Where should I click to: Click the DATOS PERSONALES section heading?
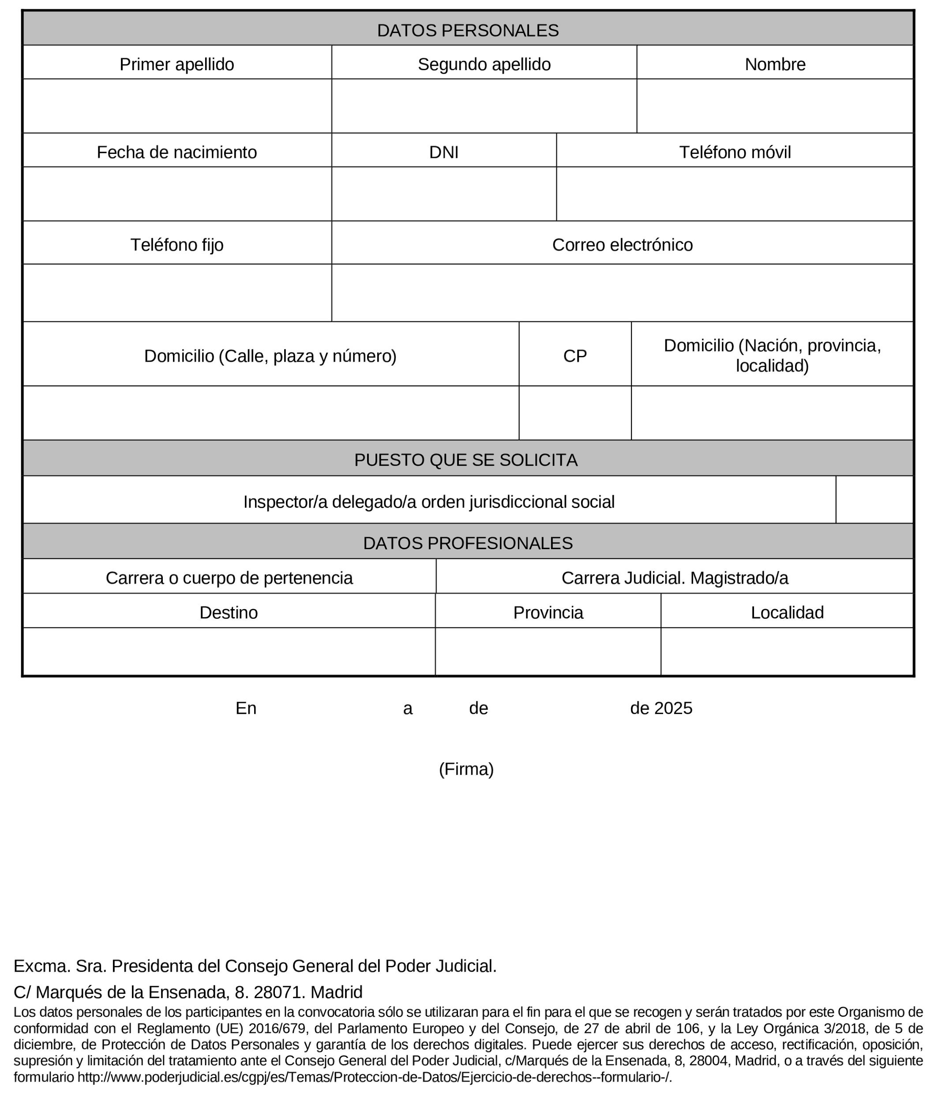[x=468, y=30]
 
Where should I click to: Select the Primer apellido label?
[x=176, y=64]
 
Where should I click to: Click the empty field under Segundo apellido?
[x=484, y=106]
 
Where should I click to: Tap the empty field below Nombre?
[x=774, y=106]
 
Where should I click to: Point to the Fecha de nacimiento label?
[x=176, y=152]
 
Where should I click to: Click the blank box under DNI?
[x=443, y=194]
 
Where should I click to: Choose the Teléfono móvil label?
[x=735, y=152]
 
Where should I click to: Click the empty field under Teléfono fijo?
[x=176, y=292]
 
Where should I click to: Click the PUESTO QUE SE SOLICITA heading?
[x=465, y=460]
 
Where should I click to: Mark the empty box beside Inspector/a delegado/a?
[x=874, y=499]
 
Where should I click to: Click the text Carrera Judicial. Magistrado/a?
[x=674, y=578]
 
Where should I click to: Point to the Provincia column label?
[x=548, y=612]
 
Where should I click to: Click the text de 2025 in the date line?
[x=660, y=708]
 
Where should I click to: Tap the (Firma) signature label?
[x=466, y=769]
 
